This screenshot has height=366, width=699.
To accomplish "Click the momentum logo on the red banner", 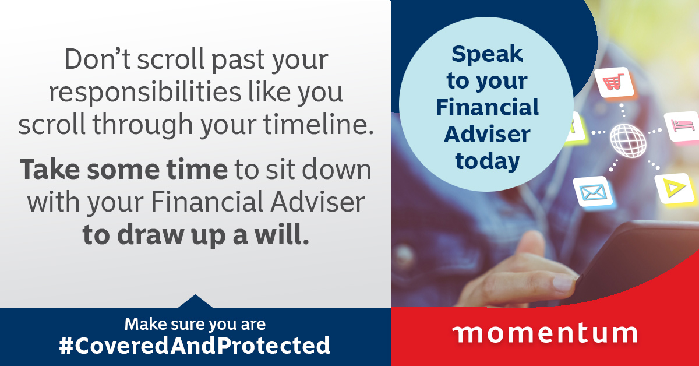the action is (545, 333).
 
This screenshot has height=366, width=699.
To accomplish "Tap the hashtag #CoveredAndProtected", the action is (195, 346).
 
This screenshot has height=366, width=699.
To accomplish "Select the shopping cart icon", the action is (614, 82).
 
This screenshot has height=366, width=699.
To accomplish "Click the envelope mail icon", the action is (593, 192).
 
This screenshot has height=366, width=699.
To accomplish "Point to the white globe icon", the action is (628, 140).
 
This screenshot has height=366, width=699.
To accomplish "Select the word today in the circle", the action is (488, 161).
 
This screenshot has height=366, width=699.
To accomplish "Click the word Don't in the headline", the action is (97, 59).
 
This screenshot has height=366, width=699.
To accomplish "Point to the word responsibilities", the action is (145, 93).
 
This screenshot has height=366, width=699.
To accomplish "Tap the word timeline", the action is (318, 124).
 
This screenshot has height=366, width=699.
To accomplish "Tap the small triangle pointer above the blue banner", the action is (195, 301).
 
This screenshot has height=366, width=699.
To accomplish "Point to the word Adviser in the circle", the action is (487, 134).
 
